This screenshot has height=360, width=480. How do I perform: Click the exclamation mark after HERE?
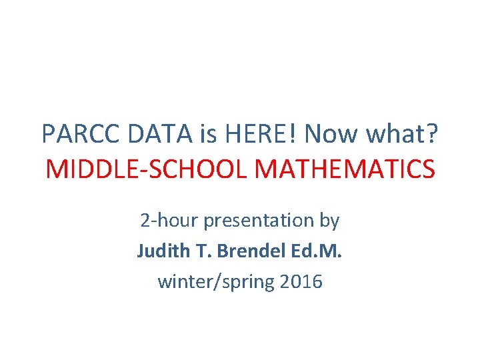click(x=293, y=134)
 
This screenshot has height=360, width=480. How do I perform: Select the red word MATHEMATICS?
click(x=345, y=169)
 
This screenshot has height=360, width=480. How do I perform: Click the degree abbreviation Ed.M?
click(x=317, y=251)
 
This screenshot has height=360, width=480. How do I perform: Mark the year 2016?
click(x=301, y=282)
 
